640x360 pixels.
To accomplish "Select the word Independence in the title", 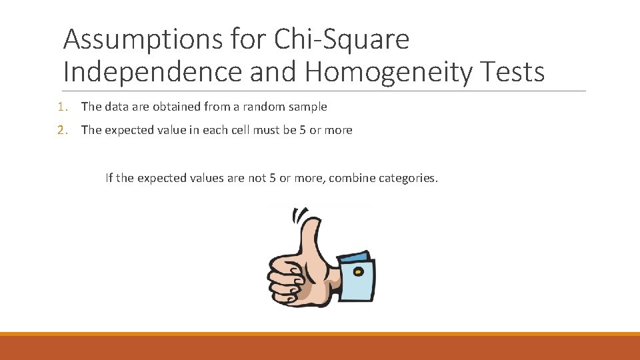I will (x=152, y=72).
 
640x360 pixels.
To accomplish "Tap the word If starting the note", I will (x=109, y=178).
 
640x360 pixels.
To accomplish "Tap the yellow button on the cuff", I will (x=359, y=271).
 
